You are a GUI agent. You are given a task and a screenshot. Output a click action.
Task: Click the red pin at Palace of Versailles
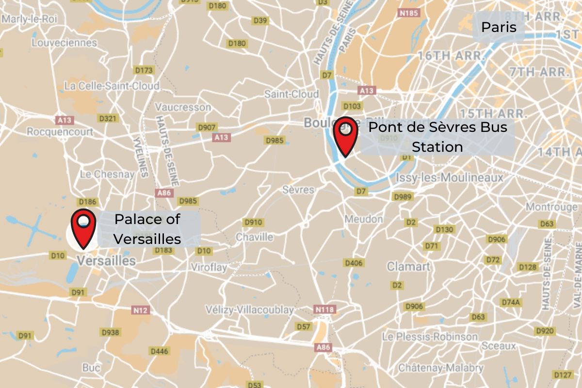coord(83,228)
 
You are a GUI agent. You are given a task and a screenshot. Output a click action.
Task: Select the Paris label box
coord(499,27)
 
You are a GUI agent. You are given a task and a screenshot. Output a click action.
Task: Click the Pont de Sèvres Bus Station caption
coord(437,137)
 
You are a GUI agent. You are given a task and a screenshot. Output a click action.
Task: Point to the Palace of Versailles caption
coord(148,228)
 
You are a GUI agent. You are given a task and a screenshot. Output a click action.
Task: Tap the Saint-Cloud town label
coord(291,94)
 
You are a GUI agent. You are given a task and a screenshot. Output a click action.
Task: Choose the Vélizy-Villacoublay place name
coord(249,309)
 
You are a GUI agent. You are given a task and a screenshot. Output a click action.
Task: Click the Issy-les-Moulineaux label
coord(450,178)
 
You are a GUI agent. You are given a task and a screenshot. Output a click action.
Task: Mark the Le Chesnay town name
coord(107,174)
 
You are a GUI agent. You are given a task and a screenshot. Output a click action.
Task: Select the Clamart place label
coord(408,266)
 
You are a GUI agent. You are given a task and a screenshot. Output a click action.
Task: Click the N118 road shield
coord(325,309)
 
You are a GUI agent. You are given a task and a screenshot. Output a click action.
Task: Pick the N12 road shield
coord(140,309)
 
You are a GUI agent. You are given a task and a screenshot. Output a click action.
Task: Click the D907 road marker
coord(206,127)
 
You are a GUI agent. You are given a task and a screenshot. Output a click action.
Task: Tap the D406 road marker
coord(354,263)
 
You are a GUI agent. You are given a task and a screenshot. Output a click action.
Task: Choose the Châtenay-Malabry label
coord(440,368)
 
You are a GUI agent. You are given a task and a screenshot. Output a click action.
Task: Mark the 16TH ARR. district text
coord(451,55)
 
